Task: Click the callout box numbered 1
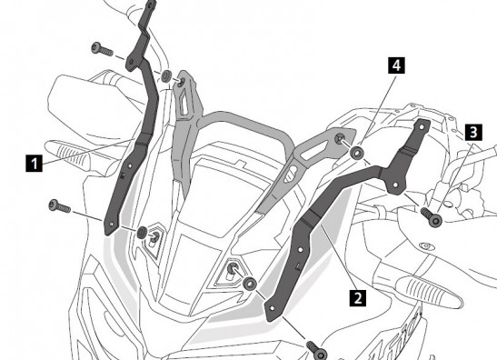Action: point(34,163)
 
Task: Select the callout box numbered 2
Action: point(358,298)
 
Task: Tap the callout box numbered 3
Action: point(473,132)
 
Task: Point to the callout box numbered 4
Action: point(396,65)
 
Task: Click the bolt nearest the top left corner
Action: point(102,49)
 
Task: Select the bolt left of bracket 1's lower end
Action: point(60,206)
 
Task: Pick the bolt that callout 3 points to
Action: point(432,216)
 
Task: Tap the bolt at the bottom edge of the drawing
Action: point(317,350)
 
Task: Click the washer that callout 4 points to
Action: point(357,153)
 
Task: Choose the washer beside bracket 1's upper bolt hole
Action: point(166,76)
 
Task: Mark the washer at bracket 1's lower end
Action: point(142,232)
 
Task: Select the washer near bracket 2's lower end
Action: point(250,283)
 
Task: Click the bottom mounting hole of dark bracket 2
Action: point(272,308)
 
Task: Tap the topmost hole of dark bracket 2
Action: point(422,127)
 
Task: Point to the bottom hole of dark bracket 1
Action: point(111,224)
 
